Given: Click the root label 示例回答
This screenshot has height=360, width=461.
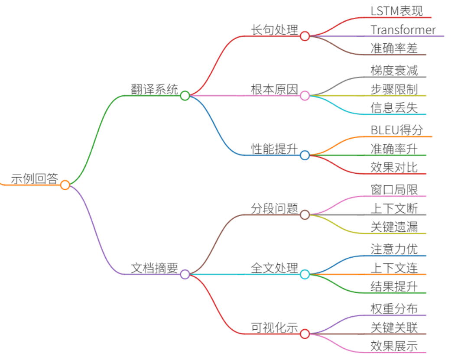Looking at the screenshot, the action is point(34,178).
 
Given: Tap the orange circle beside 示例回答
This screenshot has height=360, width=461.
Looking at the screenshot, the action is point(65,185).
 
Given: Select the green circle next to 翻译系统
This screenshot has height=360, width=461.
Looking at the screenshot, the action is point(185,95).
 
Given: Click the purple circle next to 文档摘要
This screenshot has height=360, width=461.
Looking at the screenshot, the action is point(185,274).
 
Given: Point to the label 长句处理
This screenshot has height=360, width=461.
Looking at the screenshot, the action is point(274,30).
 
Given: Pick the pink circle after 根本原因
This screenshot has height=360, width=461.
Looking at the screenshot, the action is point(305,95).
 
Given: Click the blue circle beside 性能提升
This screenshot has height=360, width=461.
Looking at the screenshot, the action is point(305,155).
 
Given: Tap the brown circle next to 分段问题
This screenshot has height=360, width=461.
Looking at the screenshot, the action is point(305,215).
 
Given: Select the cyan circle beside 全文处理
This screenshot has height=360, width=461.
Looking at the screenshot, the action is point(305,274).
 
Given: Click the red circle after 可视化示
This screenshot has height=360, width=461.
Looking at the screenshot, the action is point(305,334).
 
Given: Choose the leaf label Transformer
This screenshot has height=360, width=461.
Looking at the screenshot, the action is point(403,30).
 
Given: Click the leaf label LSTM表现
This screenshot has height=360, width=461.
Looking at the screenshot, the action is point(396,11).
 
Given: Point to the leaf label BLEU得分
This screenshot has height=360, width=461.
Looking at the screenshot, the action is point(397,130).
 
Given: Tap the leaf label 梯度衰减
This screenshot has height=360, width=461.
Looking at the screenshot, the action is point(394,71).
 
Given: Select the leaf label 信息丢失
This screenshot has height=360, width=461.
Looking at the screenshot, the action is point(394,107).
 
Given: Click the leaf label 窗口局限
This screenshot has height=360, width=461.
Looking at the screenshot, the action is point(394,190).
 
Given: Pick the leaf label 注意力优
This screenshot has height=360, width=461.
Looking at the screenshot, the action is point(394,249).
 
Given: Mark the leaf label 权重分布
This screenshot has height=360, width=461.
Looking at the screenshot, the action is point(394,308).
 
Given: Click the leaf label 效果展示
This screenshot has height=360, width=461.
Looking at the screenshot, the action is point(394,346).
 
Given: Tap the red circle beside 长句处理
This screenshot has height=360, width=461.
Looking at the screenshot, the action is point(305,36).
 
